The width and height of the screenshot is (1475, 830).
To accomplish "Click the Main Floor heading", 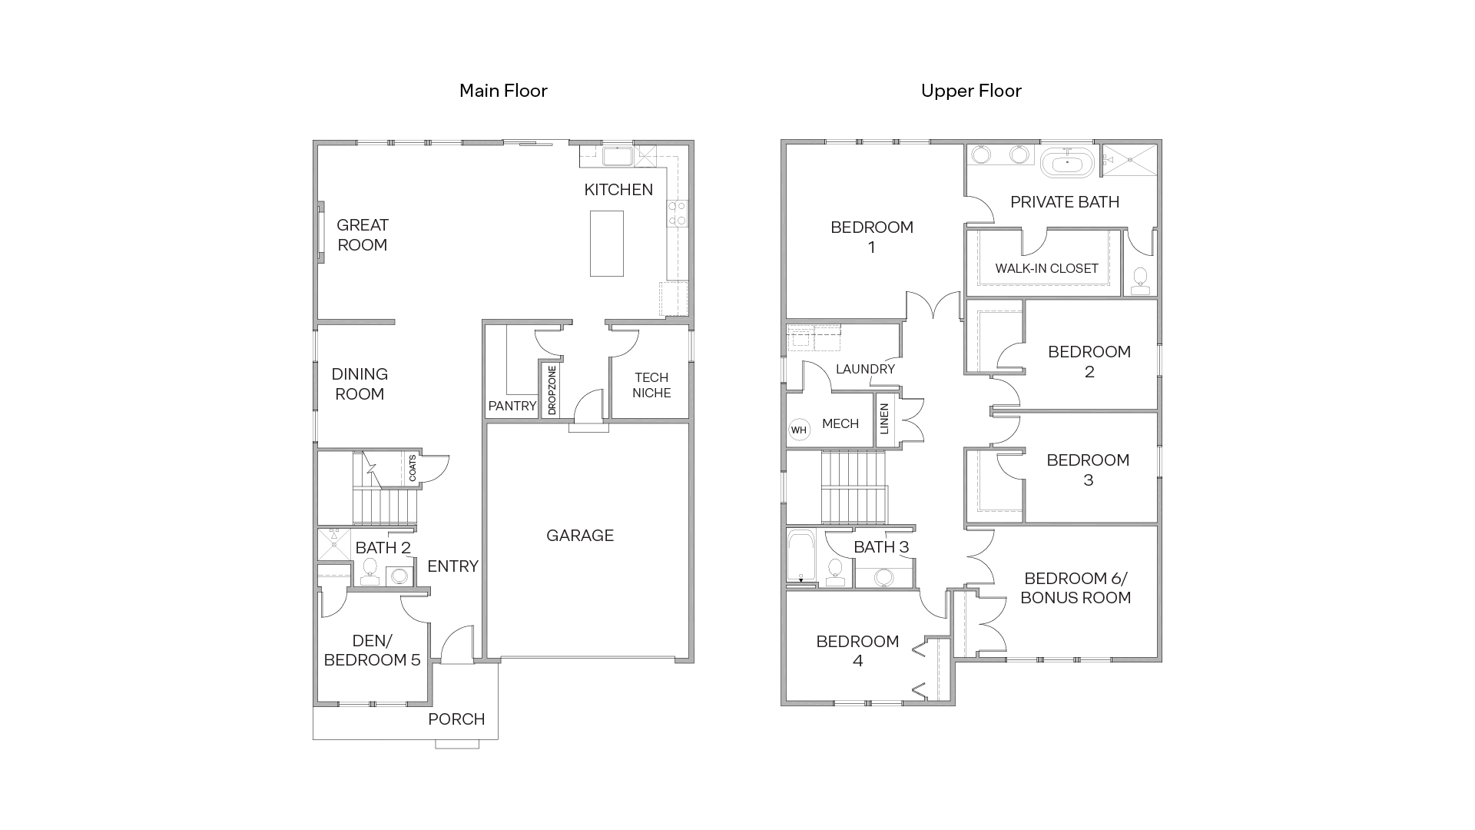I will tap(503, 91).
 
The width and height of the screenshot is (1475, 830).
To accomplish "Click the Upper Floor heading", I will tap(971, 91).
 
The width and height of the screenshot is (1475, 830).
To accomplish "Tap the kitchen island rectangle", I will tap(606, 243).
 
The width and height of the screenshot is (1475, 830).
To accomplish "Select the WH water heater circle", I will tap(799, 430).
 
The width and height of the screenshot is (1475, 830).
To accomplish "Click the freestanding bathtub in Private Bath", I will tap(1067, 164).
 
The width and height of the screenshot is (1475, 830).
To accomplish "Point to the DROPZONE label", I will tap(552, 390).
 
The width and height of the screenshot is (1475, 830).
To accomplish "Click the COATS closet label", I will tap(413, 468).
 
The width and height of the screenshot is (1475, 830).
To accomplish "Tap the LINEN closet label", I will tap(884, 419).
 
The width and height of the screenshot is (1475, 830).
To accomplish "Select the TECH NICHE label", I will tap(651, 385).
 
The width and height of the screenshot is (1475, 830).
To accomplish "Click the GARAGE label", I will tap(580, 536).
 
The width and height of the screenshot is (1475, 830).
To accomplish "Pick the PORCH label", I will tap(456, 719).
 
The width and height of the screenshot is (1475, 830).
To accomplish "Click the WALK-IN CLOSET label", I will tap(1046, 268).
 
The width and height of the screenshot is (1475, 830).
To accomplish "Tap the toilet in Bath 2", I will tap(370, 569).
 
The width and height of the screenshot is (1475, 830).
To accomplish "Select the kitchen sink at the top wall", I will tap(617, 157).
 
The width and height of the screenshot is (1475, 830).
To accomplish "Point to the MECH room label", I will tap(840, 423).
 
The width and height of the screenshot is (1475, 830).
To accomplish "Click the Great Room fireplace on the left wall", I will tap(320, 233).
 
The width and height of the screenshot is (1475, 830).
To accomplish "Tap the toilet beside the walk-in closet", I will tap(1140, 278).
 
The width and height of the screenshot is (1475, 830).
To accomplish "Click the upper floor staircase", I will tap(854, 487).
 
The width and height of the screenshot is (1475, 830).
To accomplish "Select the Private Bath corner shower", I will tap(1129, 160).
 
